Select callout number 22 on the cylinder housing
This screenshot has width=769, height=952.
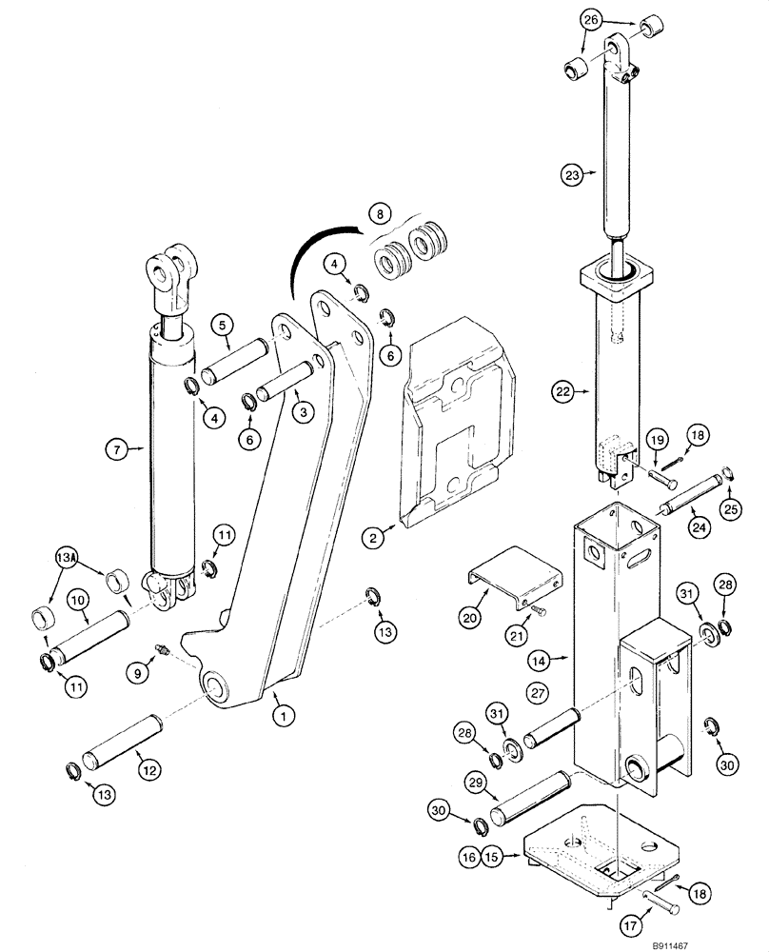tap(564, 392)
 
